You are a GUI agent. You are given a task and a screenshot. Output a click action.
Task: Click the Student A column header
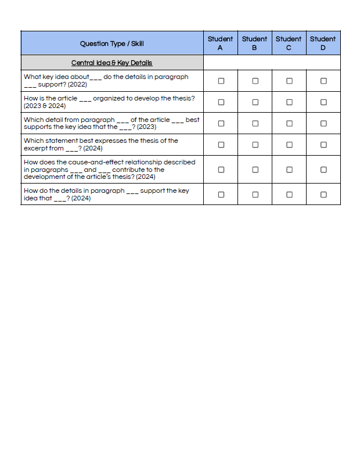220,43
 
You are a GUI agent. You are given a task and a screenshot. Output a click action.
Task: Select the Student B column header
254,43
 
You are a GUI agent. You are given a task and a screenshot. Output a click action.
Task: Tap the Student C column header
289,43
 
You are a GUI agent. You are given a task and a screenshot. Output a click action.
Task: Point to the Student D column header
323,43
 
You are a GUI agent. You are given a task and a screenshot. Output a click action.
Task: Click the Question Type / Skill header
112,44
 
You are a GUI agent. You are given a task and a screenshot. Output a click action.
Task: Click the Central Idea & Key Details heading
112,63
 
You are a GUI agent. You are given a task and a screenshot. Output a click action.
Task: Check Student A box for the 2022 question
221,81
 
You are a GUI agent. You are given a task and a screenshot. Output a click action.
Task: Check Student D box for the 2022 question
323,81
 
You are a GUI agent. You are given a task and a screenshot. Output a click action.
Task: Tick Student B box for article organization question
255,102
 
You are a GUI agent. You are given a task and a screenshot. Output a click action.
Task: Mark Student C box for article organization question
289,102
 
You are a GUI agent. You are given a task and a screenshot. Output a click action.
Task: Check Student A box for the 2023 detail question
221,123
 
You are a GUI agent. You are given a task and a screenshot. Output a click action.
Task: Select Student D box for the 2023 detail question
323,123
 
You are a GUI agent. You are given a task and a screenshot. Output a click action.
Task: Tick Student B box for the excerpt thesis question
255,145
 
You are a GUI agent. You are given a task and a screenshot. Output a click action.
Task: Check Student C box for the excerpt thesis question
289,145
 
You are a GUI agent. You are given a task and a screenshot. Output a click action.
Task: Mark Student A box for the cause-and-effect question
221,170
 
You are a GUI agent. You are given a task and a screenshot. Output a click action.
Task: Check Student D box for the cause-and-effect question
323,170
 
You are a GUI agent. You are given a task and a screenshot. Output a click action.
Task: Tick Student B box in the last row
255,195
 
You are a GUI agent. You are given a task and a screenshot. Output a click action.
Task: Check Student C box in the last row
289,195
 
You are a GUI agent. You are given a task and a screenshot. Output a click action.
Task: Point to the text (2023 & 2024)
45,106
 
